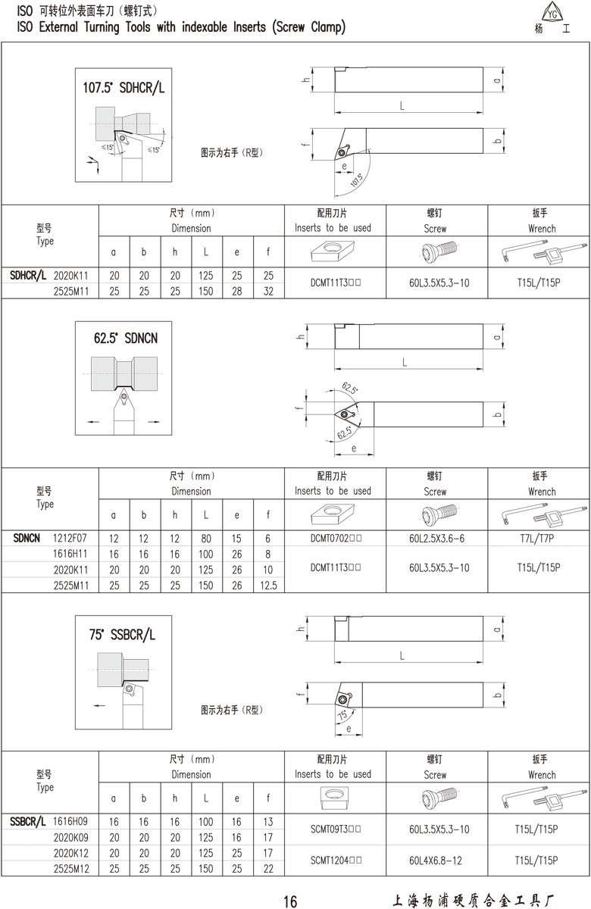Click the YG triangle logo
[x=552, y=12]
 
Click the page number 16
[x=291, y=901]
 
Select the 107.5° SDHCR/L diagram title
[x=124, y=88]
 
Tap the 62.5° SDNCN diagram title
[x=126, y=338]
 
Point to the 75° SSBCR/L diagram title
[x=122, y=634]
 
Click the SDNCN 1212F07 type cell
[x=50, y=538]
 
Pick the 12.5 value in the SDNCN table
[x=268, y=585]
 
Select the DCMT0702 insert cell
[x=336, y=538]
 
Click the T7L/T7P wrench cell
[x=537, y=538]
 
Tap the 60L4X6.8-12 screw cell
[x=436, y=861]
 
